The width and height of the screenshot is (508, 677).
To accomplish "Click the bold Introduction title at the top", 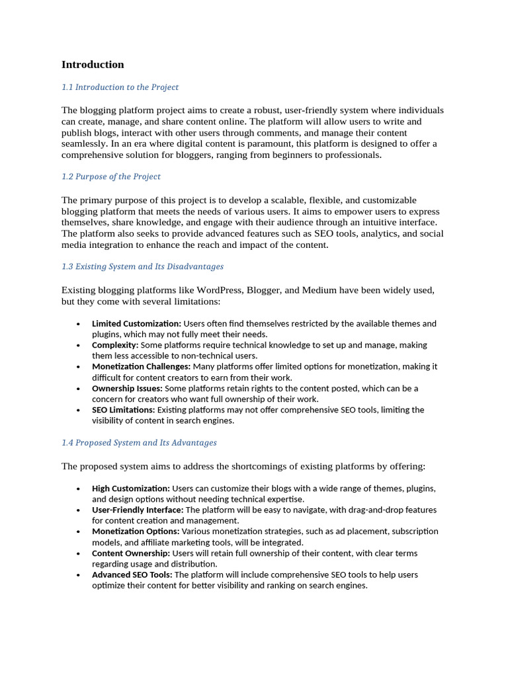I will click(x=93, y=65).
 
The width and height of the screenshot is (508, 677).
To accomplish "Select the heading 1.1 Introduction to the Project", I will click(x=120, y=87).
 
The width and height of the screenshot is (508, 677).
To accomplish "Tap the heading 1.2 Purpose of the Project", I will click(x=111, y=177).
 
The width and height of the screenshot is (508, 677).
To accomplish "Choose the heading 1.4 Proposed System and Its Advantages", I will click(x=139, y=442).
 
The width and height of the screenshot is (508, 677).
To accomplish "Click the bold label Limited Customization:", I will click(x=136, y=324).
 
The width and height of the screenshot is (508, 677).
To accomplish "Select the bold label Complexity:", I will click(x=115, y=345).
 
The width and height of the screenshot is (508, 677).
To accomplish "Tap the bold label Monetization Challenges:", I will click(x=141, y=366).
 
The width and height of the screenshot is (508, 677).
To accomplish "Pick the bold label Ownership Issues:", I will click(x=127, y=388).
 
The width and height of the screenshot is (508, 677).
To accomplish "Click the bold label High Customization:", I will click(x=131, y=489).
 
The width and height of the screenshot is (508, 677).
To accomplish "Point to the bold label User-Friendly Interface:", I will click(x=138, y=510).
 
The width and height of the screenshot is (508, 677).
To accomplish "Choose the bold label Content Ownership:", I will click(x=131, y=553).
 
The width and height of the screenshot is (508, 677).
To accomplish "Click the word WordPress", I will click(x=219, y=290).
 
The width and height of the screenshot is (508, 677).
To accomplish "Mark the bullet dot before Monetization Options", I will click(x=78, y=532).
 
